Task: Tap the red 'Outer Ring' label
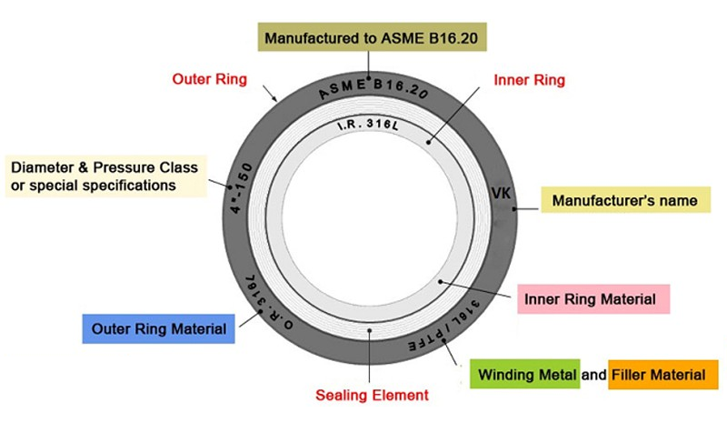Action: pos(209,79)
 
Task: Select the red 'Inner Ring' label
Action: pos(529,80)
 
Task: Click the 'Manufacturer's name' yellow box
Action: pos(625,200)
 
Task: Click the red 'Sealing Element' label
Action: pos(372,396)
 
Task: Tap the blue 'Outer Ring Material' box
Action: pos(158,328)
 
